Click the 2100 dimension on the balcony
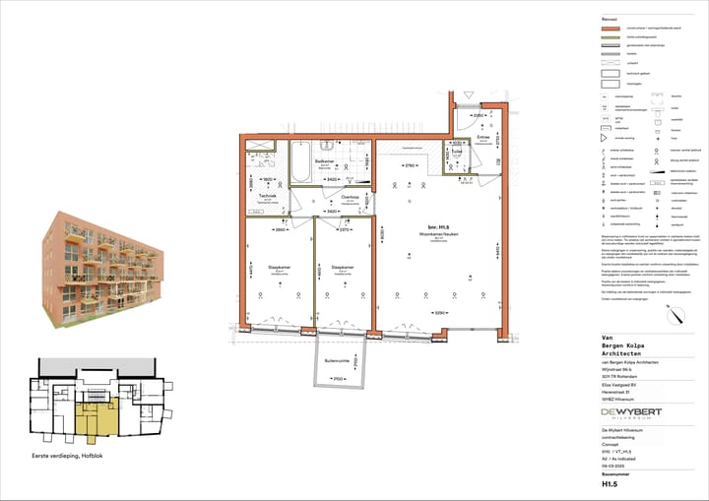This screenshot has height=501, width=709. point(337,379)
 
